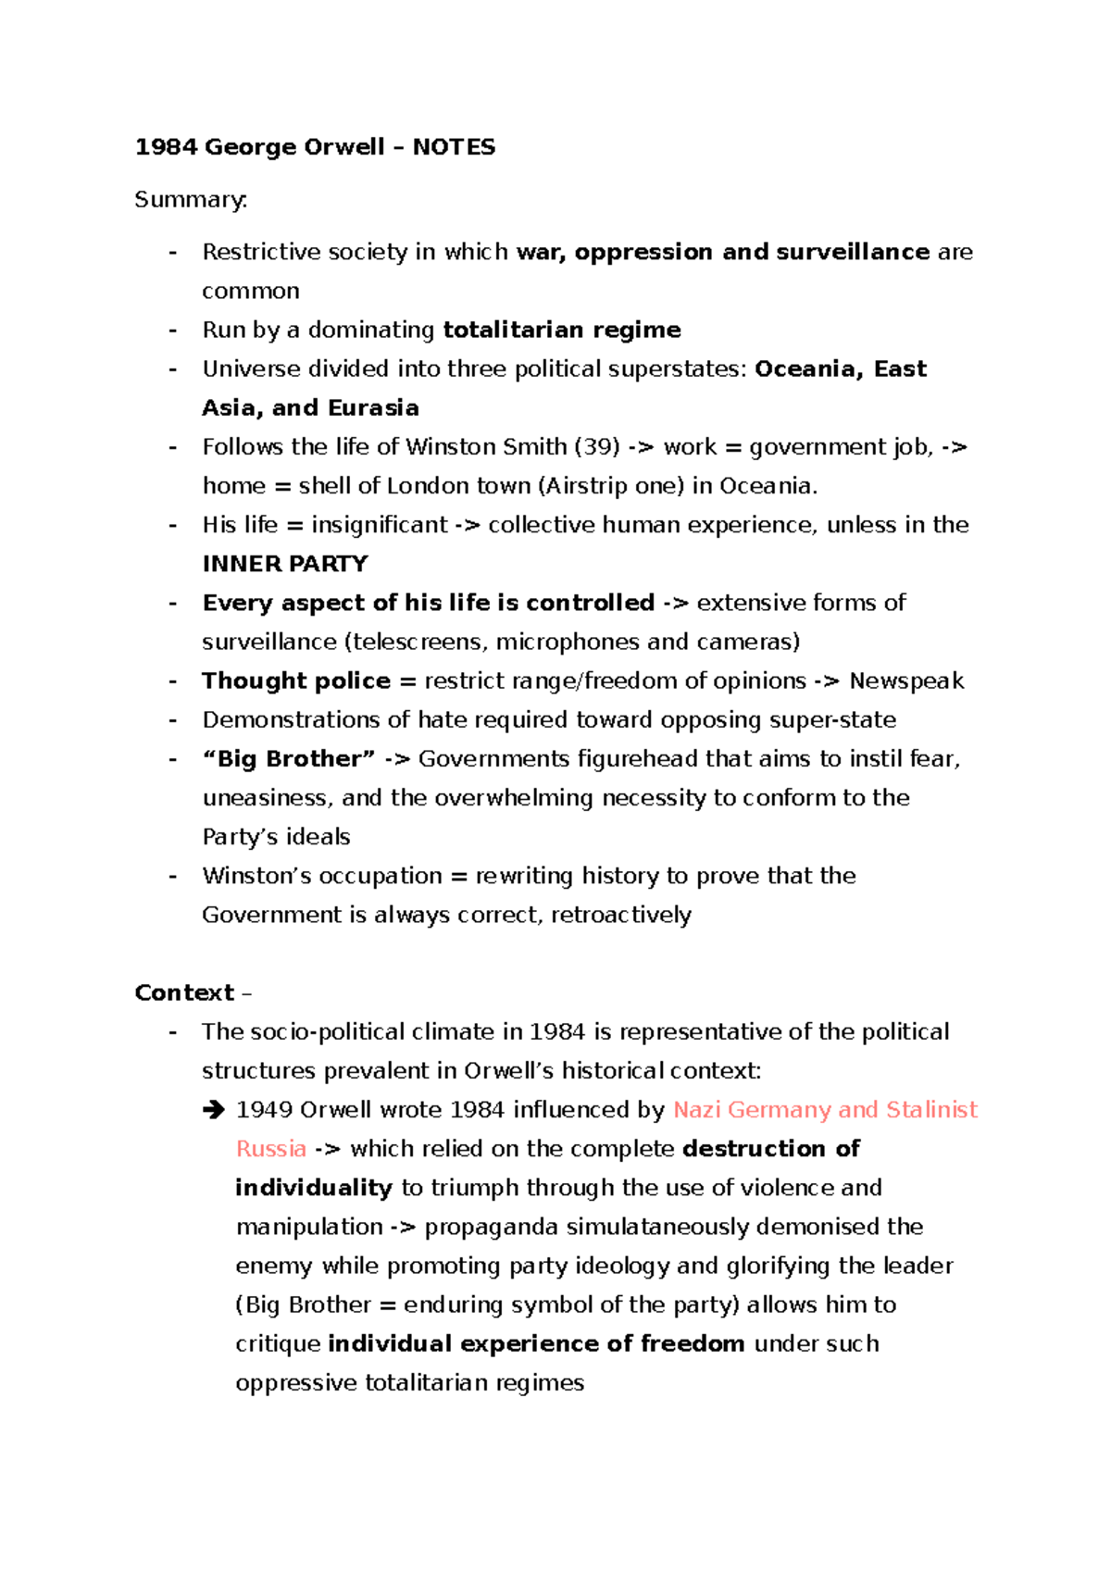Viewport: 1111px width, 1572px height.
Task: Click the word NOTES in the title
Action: tap(454, 147)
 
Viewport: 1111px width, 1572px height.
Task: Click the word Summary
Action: tap(190, 200)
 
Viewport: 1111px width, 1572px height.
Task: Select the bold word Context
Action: tap(184, 992)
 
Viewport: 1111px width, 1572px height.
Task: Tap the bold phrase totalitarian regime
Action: tap(562, 330)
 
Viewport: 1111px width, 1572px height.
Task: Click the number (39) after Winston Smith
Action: tap(597, 447)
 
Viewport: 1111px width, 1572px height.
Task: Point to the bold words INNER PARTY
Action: tap(285, 564)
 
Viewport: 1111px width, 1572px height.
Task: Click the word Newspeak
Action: tap(906, 681)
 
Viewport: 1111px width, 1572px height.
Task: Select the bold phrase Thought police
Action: tap(296, 681)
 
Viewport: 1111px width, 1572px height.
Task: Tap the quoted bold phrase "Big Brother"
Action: tap(289, 759)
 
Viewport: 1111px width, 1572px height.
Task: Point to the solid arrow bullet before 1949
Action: tap(214, 1110)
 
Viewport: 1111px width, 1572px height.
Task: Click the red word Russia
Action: tap(271, 1149)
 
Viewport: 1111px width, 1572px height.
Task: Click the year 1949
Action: tap(265, 1110)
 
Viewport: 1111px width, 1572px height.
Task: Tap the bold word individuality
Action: tap(314, 1188)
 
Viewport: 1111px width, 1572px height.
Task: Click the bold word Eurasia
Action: tap(373, 408)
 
